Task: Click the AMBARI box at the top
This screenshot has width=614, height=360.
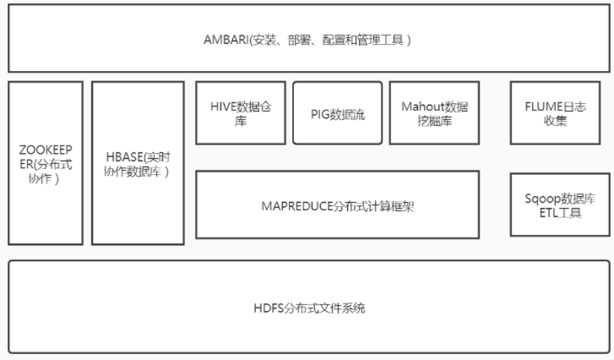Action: [x=307, y=38]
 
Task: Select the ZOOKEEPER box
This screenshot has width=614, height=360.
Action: [x=46, y=162]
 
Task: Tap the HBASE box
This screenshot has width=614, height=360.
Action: [x=138, y=162]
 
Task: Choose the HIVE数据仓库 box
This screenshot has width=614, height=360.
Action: [x=241, y=112]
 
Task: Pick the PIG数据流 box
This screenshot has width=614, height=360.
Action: [x=337, y=112]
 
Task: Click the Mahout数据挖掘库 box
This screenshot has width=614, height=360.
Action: [x=434, y=112]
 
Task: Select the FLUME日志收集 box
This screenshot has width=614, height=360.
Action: [x=560, y=112]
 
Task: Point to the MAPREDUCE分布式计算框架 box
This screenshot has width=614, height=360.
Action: [x=337, y=205]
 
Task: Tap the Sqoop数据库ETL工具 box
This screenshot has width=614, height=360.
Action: [x=560, y=205]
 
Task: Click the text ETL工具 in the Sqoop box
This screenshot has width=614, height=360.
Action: [x=560, y=212]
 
